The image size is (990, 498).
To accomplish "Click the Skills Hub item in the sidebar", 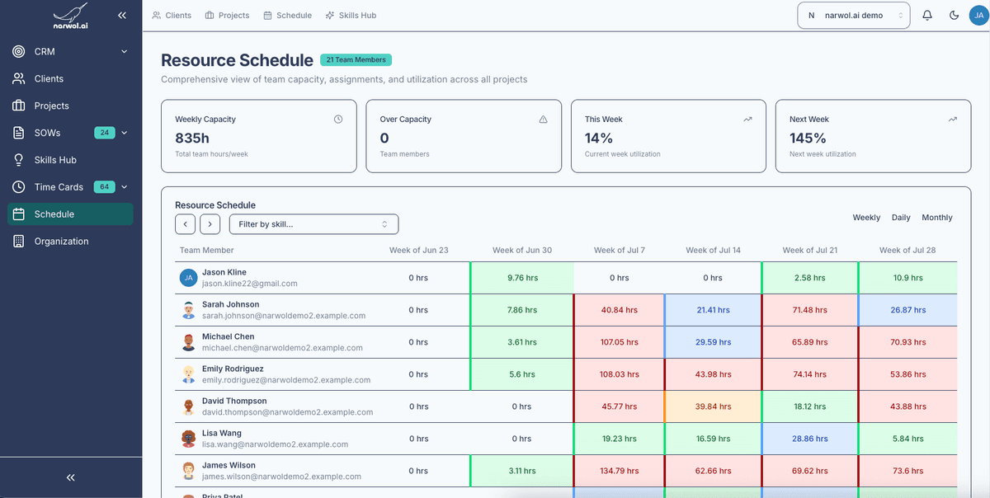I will click(x=54, y=160).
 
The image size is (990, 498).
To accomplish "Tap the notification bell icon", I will click(x=927, y=15).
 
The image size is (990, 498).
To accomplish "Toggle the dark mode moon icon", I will click(x=954, y=15).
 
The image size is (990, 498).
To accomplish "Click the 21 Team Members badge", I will click(x=356, y=60).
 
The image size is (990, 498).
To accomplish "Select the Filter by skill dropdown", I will click(x=313, y=224).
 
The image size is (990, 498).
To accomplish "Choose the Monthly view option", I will click(x=936, y=218).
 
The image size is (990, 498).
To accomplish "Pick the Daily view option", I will click(x=901, y=218).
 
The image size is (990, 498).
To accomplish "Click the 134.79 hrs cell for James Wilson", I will click(x=619, y=471).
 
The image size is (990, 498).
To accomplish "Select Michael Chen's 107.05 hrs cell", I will click(x=619, y=342).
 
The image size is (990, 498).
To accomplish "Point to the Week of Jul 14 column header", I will click(x=713, y=250).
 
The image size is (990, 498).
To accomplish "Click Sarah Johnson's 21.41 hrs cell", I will click(x=713, y=310).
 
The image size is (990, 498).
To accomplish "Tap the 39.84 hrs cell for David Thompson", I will click(x=713, y=406).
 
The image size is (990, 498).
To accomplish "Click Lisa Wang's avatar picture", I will click(x=188, y=439).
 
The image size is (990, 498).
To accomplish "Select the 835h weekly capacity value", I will click(x=192, y=139).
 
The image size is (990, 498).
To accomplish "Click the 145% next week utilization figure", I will click(x=808, y=139).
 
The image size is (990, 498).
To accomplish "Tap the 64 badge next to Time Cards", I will click(x=104, y=187).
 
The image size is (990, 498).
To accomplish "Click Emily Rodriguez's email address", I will click(x=285, y=380).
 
